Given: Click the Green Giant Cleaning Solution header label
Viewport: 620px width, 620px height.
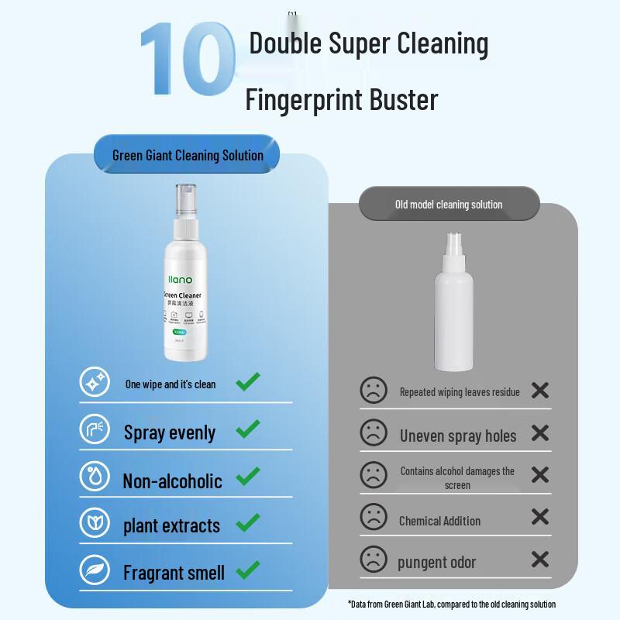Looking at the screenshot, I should point(188,155).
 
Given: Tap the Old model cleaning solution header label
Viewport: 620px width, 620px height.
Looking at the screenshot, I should point(449,205).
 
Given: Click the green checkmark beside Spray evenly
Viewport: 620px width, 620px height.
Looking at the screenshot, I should point(247,429).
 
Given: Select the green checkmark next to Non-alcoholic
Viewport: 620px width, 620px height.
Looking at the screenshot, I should point(247,477).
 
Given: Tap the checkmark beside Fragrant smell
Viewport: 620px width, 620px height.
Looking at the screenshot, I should point(247,571).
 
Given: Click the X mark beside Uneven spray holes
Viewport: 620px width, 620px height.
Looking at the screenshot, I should point(540,432).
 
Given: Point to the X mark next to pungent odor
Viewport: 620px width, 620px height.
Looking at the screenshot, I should point(540,559).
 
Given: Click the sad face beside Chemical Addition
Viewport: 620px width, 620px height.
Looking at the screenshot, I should point(374,516).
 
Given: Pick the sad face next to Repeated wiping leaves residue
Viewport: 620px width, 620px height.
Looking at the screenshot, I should point(374,390).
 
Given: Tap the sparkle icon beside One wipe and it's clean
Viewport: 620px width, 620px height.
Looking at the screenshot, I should point(95,382).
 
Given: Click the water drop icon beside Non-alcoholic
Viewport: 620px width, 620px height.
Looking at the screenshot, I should point(95,477).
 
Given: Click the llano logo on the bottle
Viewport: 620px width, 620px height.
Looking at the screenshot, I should point(181,279).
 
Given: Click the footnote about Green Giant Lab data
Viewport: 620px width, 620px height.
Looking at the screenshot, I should point(452,604).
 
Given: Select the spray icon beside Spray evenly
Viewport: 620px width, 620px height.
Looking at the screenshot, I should point(95,430).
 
